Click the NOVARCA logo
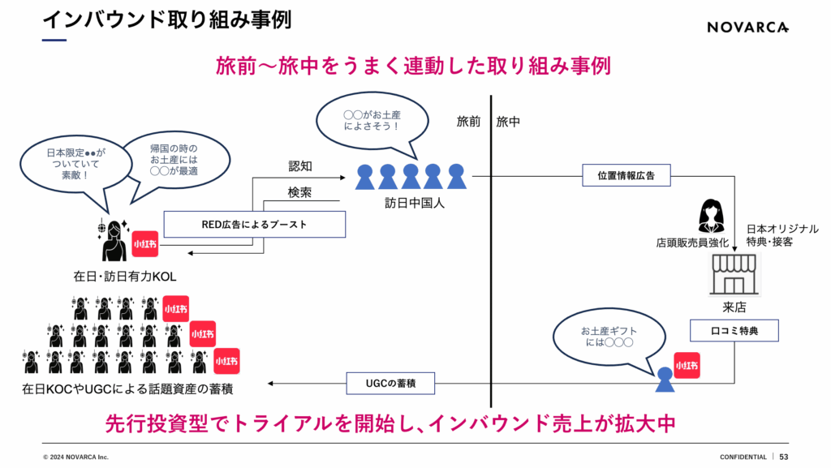pyautogui.click(x=747, y=27)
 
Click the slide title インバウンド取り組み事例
pyautogui.click(x=166, y=19)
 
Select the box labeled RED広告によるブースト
pyautogui.click(x=255, y=225)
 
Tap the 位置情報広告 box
pyautogui.click(x=626, y=175)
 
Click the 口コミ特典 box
pyautogui.click(x=734, y=331)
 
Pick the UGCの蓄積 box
pyautogui.click(x=390, y=382)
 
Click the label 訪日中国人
pyautogui.click(x=409, y=204)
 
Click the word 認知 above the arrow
pyautogui.click(x=301, y=165)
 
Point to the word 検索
pyautogui.click(x=301, y=192)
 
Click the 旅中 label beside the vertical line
pyautogui.click(x=508, y=122)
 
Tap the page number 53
pyautogui.click(x=784, y=457)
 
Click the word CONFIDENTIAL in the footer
pyautogui.click(x=743, y=457)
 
